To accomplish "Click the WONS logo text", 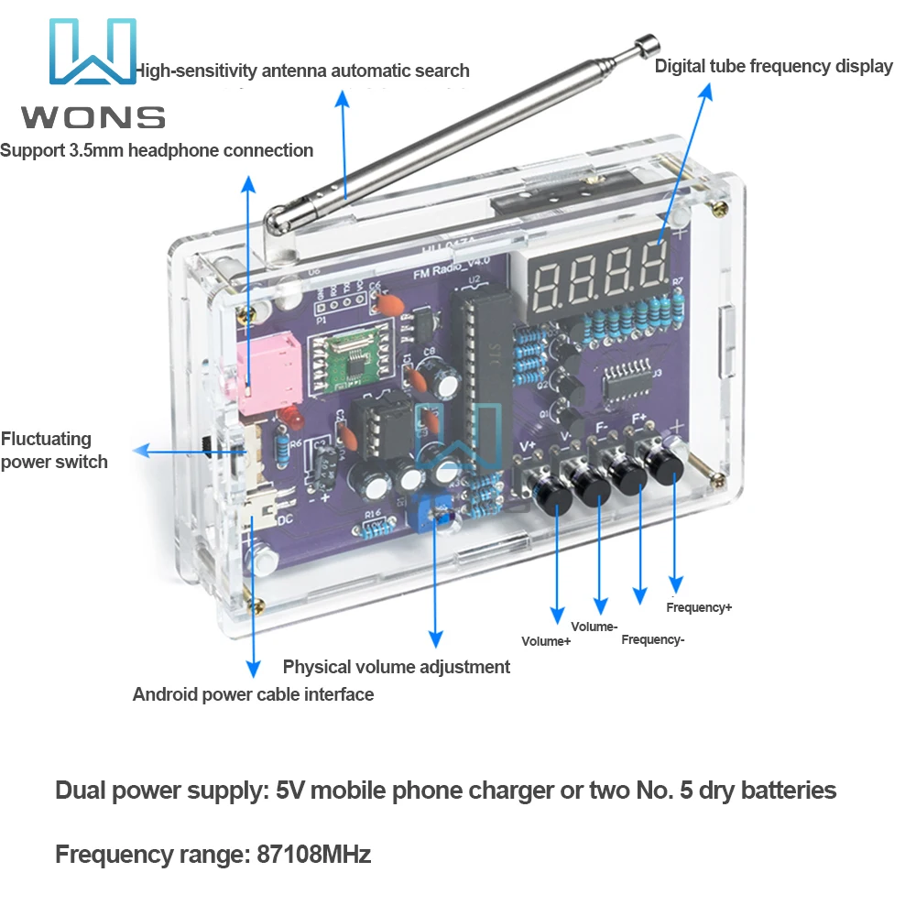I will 93,117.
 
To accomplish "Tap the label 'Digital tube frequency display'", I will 773,66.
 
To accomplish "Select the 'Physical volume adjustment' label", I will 396,667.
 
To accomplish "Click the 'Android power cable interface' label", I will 253,694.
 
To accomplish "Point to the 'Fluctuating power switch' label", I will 53,451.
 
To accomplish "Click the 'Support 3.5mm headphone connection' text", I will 157,150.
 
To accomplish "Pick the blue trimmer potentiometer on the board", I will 424,505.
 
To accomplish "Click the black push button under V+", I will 555,498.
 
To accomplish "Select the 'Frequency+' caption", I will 699,607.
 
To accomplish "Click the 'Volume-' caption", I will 594,627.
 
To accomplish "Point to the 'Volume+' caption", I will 546,641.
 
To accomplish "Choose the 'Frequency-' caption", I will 652,639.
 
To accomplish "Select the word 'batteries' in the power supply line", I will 786,790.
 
